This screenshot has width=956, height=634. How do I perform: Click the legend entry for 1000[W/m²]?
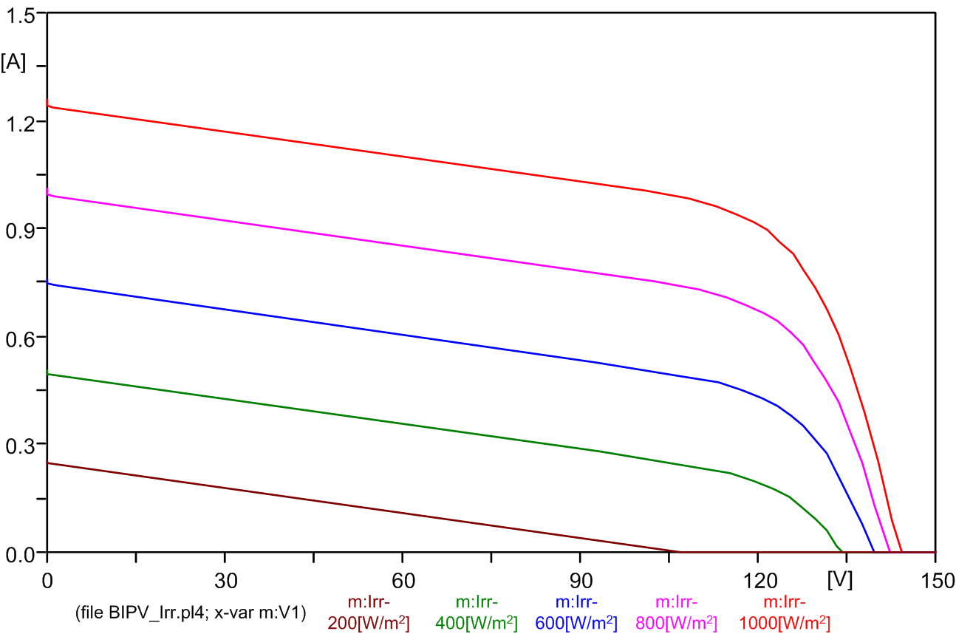[x=784, y=613]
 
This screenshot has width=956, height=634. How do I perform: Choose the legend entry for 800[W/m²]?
[x=675, y=613]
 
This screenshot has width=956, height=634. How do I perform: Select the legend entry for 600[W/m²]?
[x=576, y=613]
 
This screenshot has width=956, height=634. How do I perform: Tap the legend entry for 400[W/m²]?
[x=476, y=613]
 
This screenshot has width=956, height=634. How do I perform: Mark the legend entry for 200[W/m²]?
[x=368, y=613]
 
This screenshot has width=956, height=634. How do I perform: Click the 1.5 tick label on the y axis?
[x=21, y=16]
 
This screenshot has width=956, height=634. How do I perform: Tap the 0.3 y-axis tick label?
[x=21, y=446]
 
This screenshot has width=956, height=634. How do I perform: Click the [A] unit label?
[x=13, y=63]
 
